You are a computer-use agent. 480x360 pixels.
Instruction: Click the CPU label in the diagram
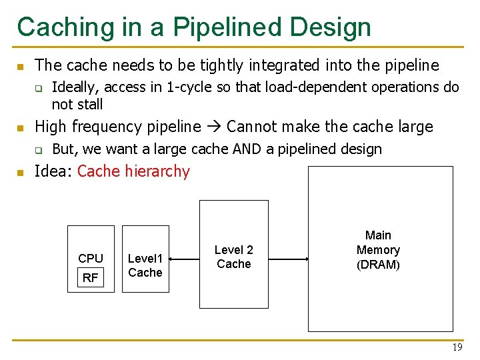coord(91,259)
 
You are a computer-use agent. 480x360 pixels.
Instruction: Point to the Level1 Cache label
coord(145,265)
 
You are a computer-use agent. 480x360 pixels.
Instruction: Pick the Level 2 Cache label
coord(233,257)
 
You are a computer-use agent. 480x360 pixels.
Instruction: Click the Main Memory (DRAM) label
coord(378,250)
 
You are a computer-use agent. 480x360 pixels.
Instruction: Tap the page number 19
coord(457,348)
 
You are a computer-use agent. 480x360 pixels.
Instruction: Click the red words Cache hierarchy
coord(133,171)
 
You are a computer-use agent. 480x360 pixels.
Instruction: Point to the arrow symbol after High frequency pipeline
coord(214,127)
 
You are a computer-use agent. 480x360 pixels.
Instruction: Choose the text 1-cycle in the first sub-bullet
coord(186,87)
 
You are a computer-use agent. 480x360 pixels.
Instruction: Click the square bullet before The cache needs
coord(20,66)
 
